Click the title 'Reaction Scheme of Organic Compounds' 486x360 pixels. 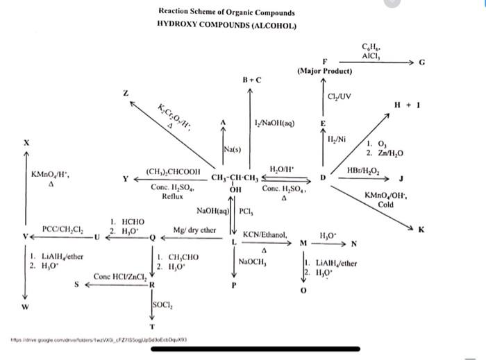tap(226, 12)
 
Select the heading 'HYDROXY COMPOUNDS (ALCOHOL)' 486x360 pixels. tap(226, 25)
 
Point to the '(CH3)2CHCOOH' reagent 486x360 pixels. tap(174, 171)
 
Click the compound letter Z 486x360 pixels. tap(126, 92)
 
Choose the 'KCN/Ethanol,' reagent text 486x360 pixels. tap(265, 235)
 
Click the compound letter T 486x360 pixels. tap(152, 326)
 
